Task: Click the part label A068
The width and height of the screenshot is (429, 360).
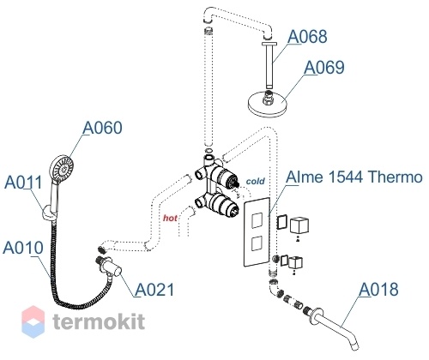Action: (x=307, y=36)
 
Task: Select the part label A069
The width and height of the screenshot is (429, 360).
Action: (x=323, y=68)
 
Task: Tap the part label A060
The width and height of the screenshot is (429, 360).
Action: (x=102, y=128)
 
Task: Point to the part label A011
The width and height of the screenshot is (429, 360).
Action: (x=23, y=182)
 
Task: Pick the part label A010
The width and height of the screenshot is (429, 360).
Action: (x=23, y=248)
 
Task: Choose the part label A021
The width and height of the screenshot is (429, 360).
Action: (x=154, y=290)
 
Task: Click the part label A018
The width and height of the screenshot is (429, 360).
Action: (x=378, y=289)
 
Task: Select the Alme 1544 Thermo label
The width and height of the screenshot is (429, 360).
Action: (x=354, y=177)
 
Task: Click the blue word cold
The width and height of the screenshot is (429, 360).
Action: (x=256, y=181)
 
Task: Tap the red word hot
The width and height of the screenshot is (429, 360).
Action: (x=170, y=218)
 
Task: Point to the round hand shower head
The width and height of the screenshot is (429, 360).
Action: (x=62, y=169)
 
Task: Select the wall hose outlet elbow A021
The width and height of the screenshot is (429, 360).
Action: (x=109, y=267)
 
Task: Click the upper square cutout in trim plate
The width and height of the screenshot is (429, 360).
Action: (x=257, y=221)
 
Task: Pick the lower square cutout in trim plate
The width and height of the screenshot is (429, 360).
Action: (x=257, y=243)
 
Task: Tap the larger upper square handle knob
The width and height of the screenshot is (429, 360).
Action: (x=299, y=225)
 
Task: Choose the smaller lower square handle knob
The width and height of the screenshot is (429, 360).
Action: (x=296, y=262)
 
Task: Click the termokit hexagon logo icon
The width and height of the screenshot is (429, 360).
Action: (x=33, y=321)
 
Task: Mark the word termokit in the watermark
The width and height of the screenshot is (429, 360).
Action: (x=99, y=321)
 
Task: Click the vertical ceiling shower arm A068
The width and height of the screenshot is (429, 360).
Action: (x=269, y=65)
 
